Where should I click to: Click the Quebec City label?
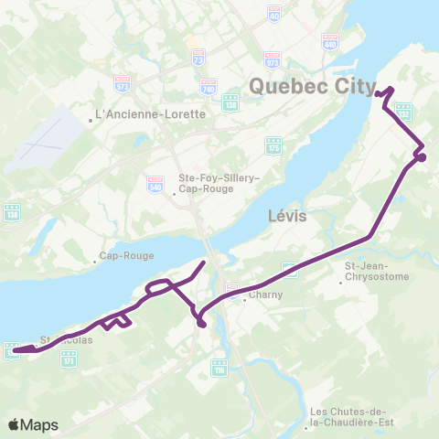point(311,87)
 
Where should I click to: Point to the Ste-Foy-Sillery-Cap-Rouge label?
point(193,183)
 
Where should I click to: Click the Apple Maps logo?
point(33,424)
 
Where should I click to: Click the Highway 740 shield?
point(208,89)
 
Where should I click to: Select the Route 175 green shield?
point(273,146)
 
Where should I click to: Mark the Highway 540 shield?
point(155,184)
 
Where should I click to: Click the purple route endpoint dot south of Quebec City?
point(422,157)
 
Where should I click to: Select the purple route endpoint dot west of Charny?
point(200,322)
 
